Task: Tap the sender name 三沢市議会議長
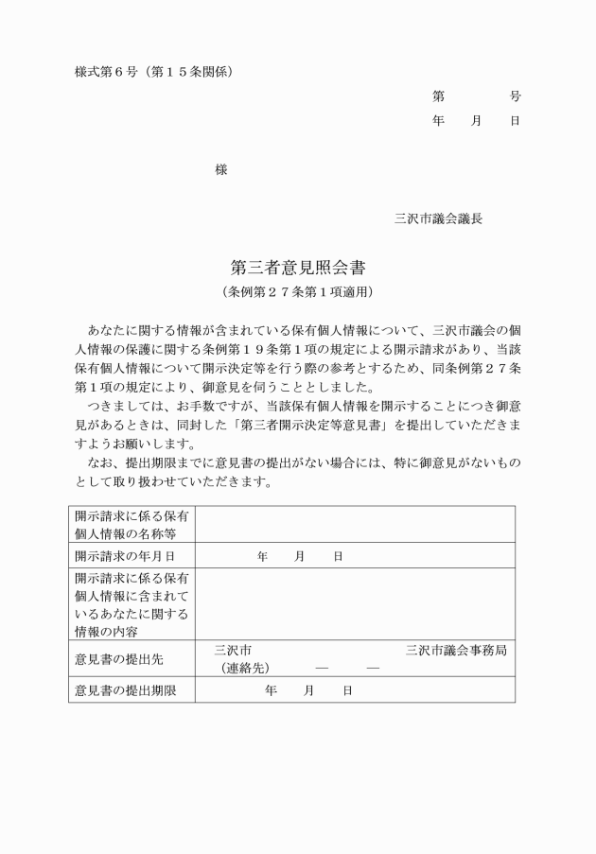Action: tap(439, 218)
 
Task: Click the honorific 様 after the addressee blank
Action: tap(220, 169)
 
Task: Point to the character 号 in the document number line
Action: tap(515, 96)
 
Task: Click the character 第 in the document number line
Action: tap(439, 96)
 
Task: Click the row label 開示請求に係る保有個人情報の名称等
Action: tap(131, 525)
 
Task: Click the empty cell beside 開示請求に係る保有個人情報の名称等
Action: tap(355, 525)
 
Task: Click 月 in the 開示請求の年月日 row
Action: tap(300, 556)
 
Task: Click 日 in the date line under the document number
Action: tap(515, 121)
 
